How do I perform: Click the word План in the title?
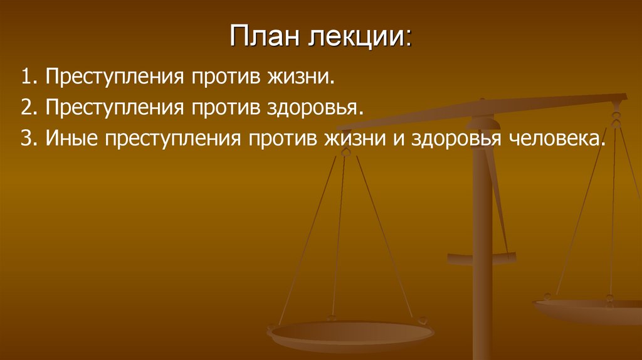coord(263,39)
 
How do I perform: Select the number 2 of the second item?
coord(25,107)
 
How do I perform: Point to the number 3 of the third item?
coord(25,137)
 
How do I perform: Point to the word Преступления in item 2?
coord(113,108)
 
